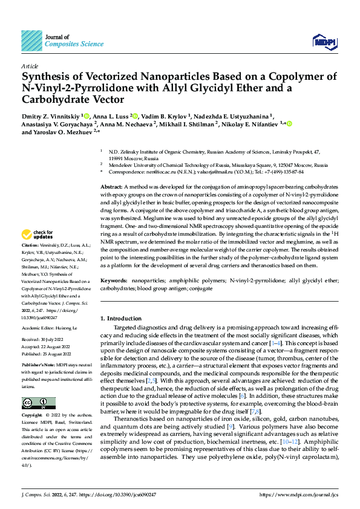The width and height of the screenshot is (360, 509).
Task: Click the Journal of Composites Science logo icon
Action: (x=31, y=39)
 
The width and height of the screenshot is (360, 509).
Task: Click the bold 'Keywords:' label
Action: (x=114, y=281)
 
